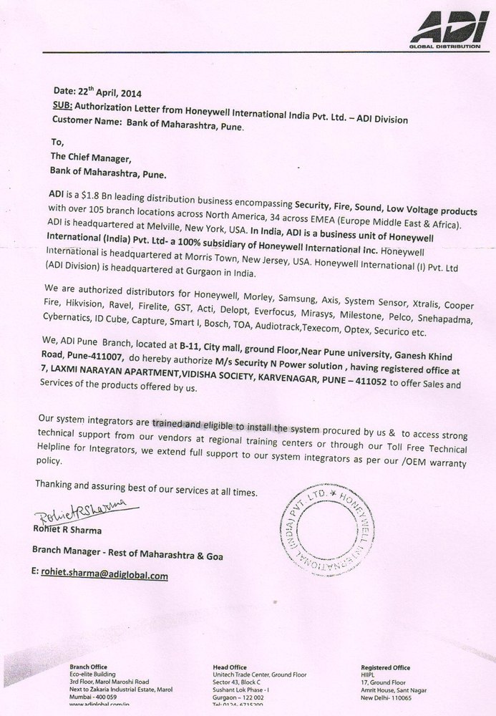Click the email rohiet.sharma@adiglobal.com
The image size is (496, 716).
tap(104, 574)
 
